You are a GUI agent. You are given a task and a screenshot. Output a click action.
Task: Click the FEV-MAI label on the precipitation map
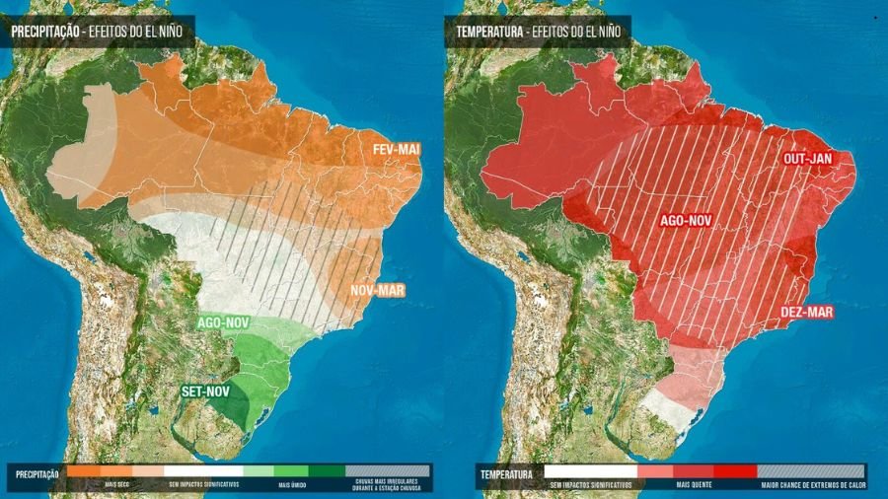pos(397,149)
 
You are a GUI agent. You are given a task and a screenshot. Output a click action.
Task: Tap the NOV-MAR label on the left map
pos(375,292)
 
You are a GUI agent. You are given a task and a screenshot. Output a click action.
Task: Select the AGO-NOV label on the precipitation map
pos(223,322)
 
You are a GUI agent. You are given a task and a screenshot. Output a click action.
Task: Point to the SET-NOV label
pos(205,392)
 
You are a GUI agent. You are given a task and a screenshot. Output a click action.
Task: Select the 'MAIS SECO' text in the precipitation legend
pos(116,483)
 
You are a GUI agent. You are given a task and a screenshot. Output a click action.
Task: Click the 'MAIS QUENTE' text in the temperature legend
pos(697,483)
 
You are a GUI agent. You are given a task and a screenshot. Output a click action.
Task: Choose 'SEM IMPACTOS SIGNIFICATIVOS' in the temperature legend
pos(590,483)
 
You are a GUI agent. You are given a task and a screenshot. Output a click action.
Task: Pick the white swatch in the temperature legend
pos(590,472)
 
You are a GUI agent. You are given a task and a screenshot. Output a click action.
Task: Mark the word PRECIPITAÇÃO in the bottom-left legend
pos(37,474)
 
